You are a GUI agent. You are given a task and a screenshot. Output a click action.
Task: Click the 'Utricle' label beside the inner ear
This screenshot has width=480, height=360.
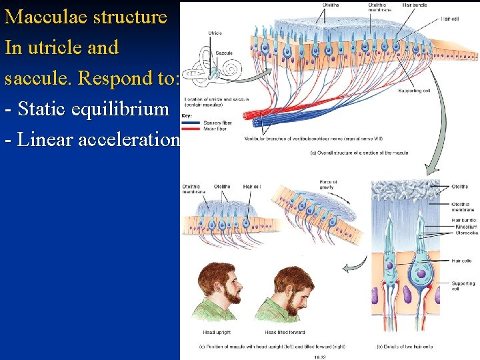click(x=215, y=33)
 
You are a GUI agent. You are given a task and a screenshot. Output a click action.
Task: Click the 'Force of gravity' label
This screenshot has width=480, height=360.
click(x=328, y=185)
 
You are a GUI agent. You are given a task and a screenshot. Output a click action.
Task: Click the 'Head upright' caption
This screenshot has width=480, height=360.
click(x=217, y=332)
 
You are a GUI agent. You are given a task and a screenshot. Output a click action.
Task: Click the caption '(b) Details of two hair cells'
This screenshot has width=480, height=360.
click(x=404, y=346)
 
